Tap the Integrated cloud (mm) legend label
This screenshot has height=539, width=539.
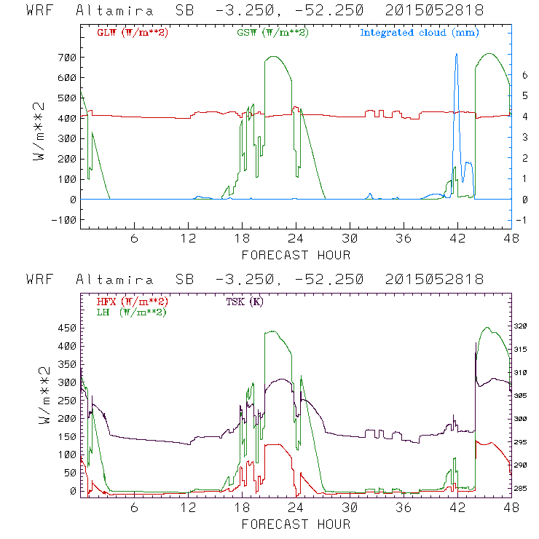pyautogui.click(x=420, y=33)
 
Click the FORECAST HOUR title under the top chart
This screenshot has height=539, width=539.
pyautogui.click(x=296, y=255)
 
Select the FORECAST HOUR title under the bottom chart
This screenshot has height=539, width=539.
pyautogui.click(x=296, y=524)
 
